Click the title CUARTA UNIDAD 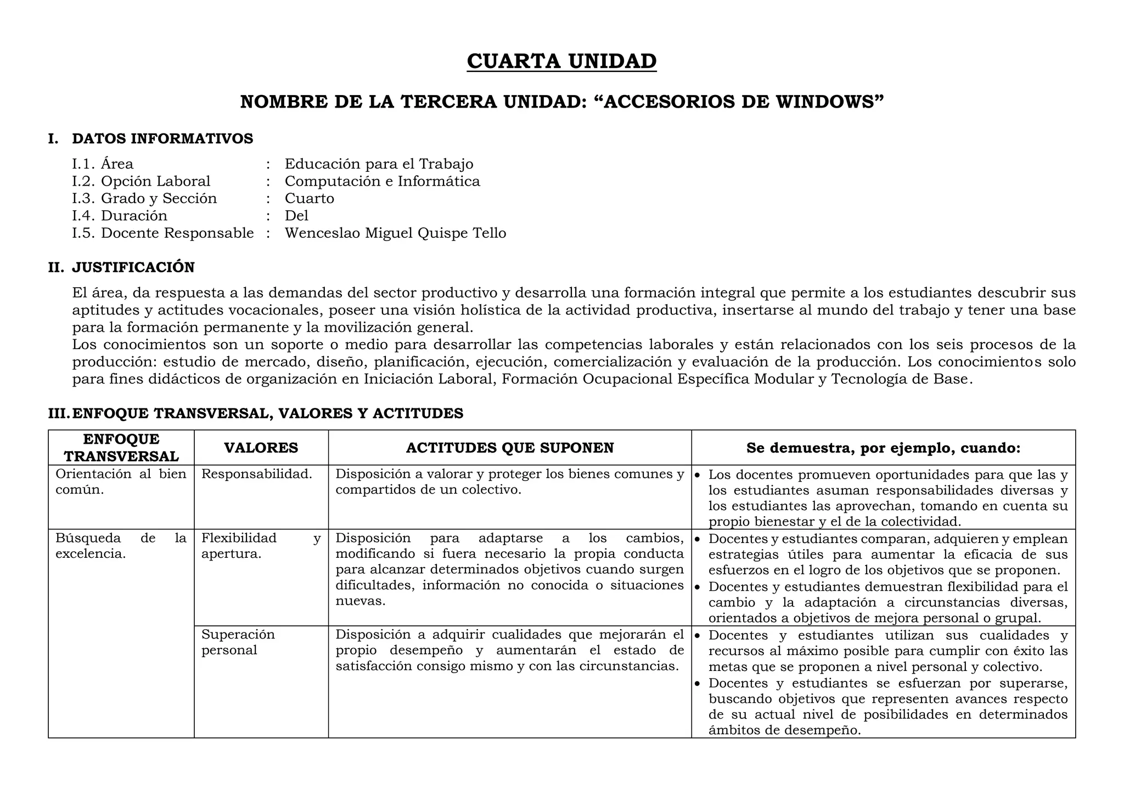[561, 61]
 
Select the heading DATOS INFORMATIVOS [162, 138]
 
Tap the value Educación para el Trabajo [379, 164]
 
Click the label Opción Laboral [155, 181]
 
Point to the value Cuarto [309, 198]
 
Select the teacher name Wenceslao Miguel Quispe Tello [395, 233]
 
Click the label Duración [134, 216]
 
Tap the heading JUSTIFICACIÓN [133, 267]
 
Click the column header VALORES [261, 447]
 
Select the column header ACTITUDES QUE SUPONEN [509, 447]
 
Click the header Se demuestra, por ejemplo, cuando [883, 447]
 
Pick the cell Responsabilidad [256, 474]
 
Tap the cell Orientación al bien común [121, 482]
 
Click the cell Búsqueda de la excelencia [121, 545]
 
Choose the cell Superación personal [238, 642]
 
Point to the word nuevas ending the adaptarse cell [360, 601]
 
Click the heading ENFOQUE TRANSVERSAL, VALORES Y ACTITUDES [267, 413]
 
